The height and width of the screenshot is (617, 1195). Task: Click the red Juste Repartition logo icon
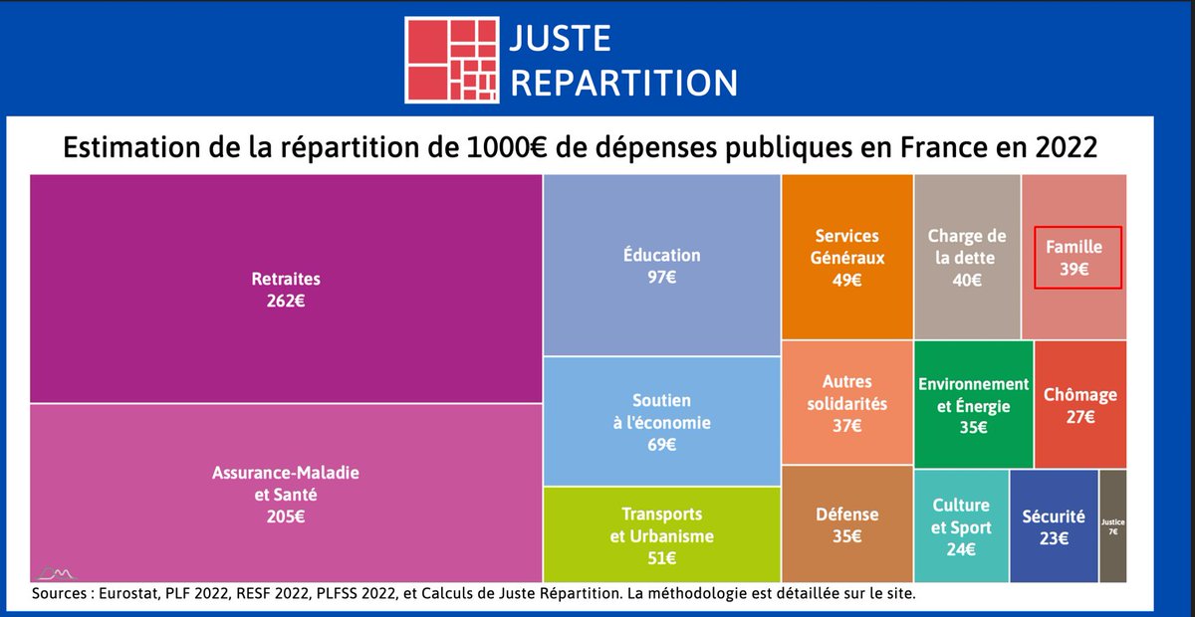451,59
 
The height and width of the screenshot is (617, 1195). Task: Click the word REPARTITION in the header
623,81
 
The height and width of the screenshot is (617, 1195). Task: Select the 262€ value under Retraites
285,300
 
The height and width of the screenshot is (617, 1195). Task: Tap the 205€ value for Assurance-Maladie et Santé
285,516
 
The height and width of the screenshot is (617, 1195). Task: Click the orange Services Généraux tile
846,257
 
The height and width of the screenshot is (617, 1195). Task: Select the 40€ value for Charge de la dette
966,280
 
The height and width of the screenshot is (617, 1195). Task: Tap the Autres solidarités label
846,393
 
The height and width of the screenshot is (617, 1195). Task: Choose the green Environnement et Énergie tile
973,406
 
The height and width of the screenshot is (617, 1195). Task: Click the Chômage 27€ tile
1079,406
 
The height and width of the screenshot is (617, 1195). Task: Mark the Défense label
846,514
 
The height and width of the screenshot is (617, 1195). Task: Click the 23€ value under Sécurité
1053,538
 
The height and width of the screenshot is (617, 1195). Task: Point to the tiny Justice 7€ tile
1112,525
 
